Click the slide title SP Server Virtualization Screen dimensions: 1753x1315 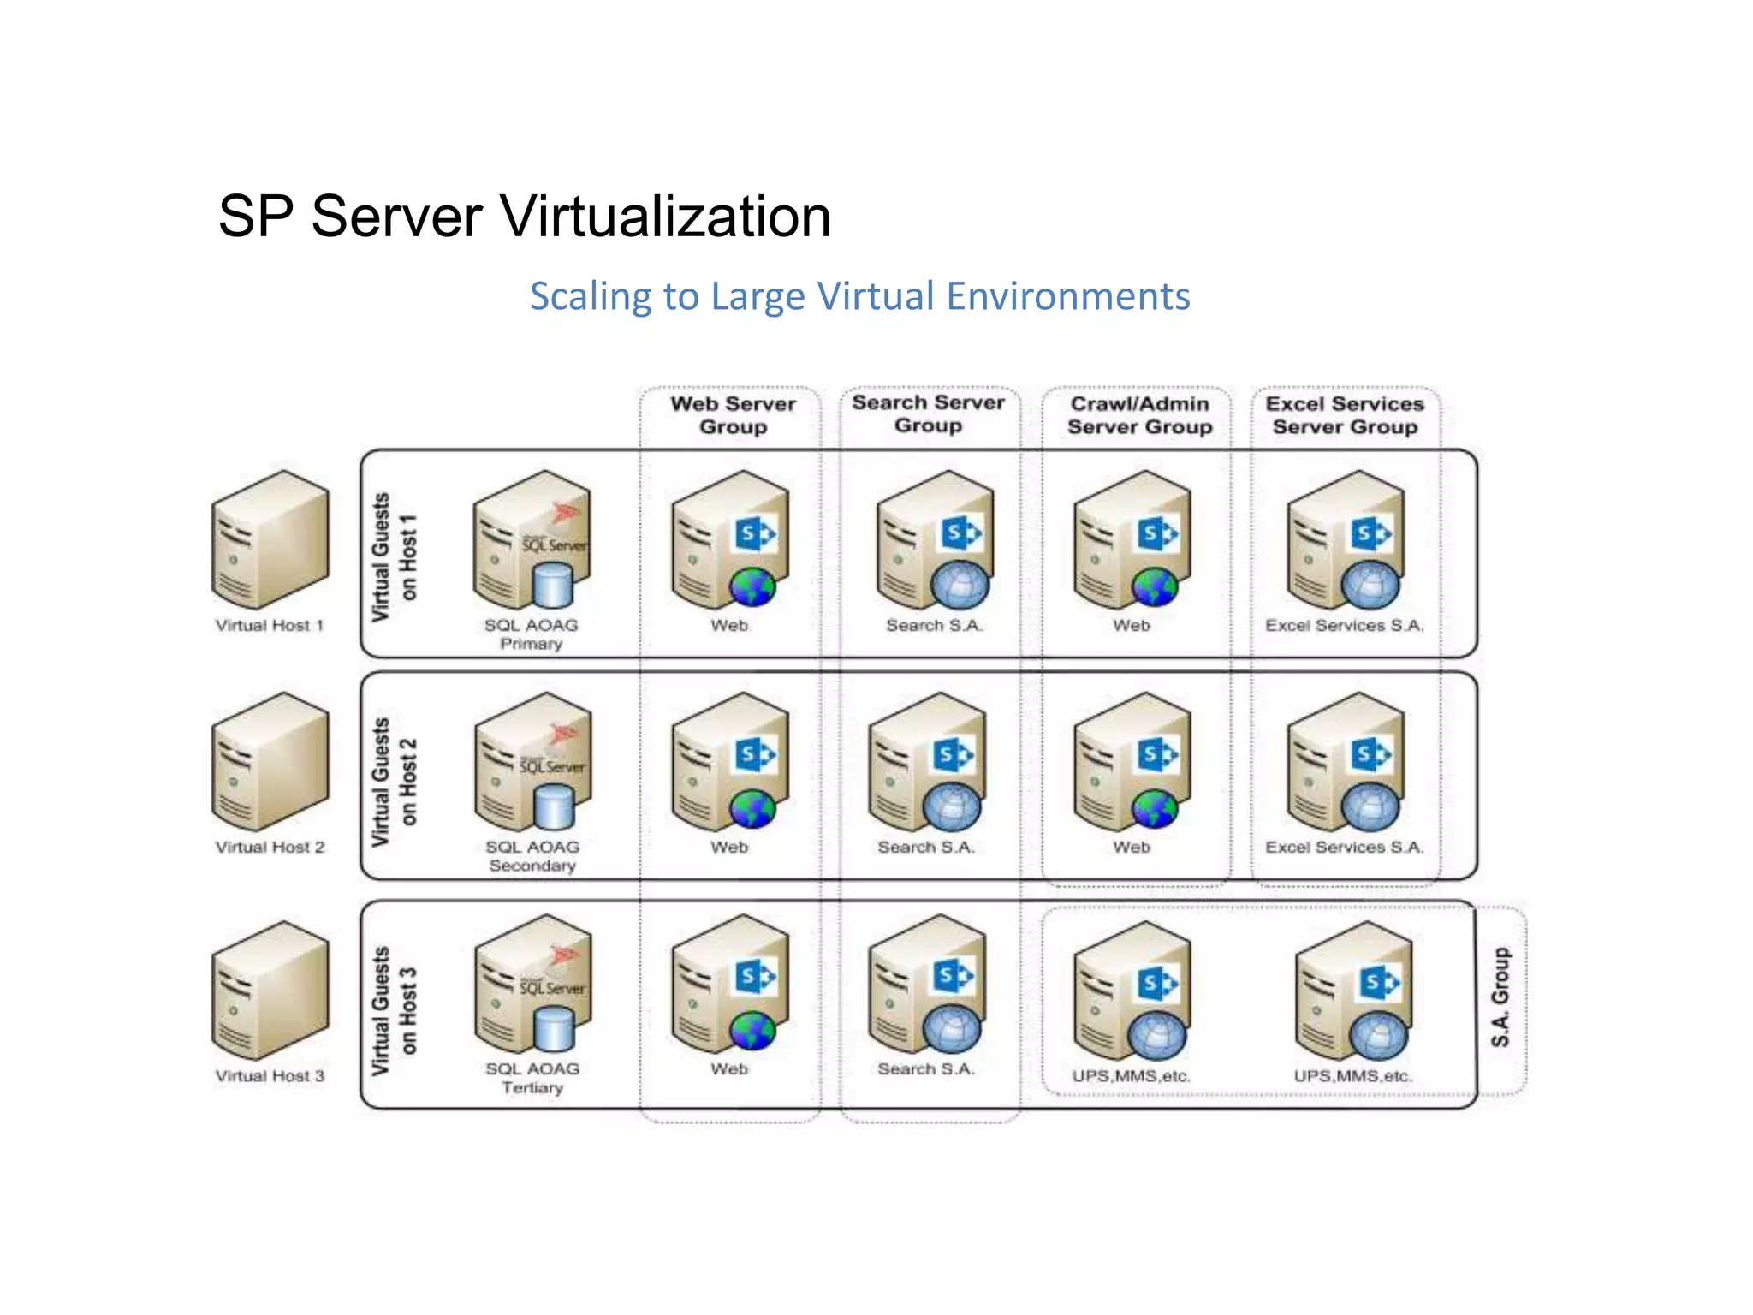tap(524, 216)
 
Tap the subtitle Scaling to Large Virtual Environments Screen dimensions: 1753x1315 tap(859, 296)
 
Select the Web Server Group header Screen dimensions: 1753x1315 tap(733, 415)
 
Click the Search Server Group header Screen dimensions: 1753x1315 tap(928, 414)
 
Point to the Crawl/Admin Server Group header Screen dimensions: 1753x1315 tap(1139, 415)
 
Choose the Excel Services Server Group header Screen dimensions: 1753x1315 tap(1344, 415)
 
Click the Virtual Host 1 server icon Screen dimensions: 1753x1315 tap(270, 539)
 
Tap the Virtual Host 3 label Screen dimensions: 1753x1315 tap(270, 1076)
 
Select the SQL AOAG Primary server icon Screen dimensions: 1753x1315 tap(531, 539)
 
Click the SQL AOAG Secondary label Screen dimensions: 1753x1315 tap(532, 856)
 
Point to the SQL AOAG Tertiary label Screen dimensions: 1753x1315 tap(532, 1078)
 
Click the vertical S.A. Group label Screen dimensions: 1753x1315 tap(1500, 997)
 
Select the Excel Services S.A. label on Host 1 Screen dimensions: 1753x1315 tap(1344, 626)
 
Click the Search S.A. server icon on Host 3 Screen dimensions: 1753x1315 tap(926, 985)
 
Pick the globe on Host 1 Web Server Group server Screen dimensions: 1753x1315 tap(752, 588)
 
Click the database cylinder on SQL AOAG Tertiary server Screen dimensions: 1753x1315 tap(554, 1029)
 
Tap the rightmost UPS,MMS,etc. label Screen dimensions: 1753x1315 tap(1352, 1076)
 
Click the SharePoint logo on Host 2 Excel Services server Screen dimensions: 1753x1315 tap(1371, 755)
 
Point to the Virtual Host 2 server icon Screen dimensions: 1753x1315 tap(270, 762)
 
